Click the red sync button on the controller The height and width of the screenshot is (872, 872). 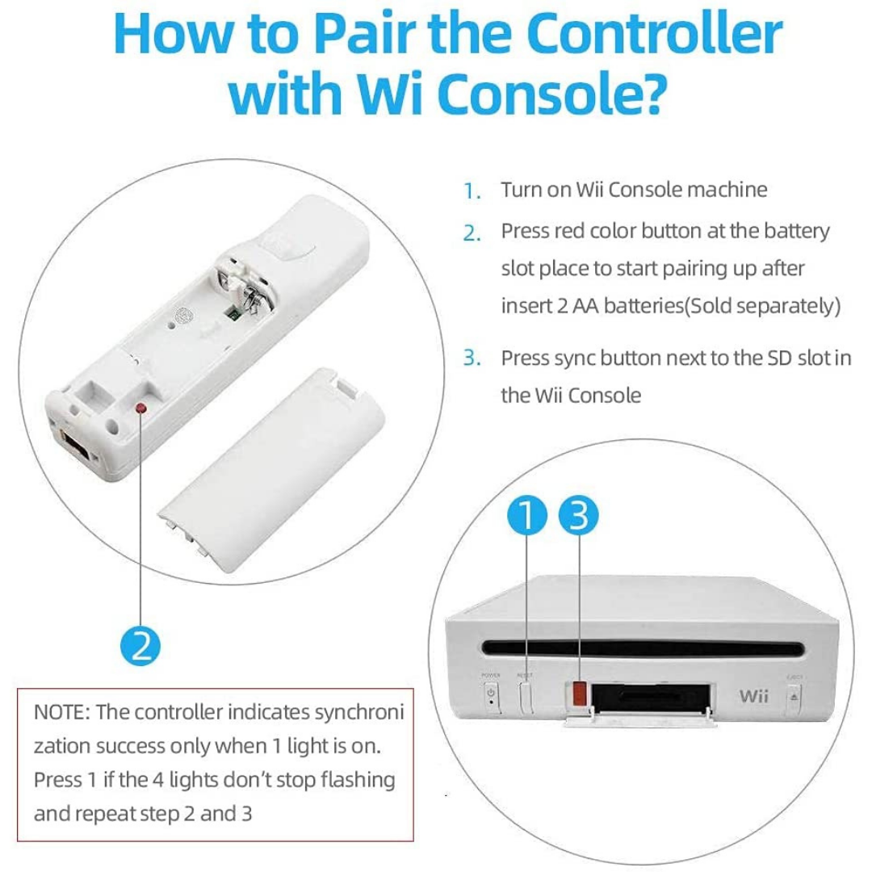(142, 409)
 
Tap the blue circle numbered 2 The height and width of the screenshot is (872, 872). (141, 646)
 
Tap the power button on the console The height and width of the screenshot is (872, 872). (491, 694)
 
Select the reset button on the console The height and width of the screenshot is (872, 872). (526, 695)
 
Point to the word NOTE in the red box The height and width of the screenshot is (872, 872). (61, 712)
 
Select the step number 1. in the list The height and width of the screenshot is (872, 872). (472, 192)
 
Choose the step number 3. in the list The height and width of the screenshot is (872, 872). (472, 358)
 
